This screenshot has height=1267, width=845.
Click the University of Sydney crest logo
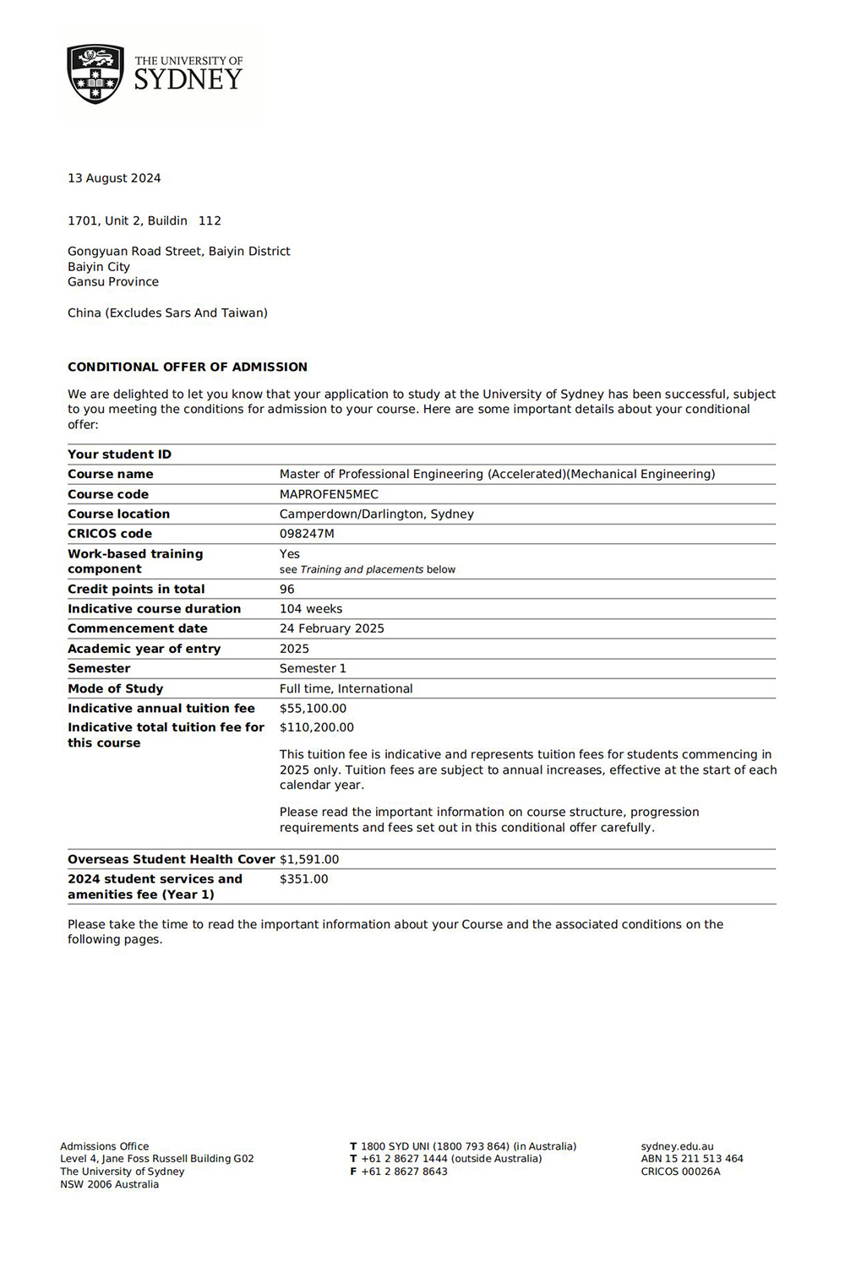95,74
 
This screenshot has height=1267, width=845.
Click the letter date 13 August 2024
114,178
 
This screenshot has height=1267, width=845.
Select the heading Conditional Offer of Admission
188,367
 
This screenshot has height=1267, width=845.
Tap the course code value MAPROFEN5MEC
329,494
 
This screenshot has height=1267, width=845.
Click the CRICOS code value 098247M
307,534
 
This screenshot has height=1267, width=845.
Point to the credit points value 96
287,590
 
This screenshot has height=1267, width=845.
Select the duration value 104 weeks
311,609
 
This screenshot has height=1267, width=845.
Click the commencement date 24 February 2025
331,628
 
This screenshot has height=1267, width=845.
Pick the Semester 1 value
313,668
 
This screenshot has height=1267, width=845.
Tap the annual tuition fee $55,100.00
313,709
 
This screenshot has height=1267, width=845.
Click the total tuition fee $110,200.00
317,727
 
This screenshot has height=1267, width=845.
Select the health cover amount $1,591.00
309,860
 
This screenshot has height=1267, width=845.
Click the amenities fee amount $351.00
303,879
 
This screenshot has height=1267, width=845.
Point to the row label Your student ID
119,454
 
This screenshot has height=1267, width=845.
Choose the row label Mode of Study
115,688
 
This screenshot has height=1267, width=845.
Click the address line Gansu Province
113,282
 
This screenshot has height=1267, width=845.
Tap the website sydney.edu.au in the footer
677,1147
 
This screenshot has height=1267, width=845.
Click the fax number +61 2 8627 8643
404,1172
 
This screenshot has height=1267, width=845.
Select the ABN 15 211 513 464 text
691,1159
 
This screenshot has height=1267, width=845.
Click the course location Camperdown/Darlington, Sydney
376,514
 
